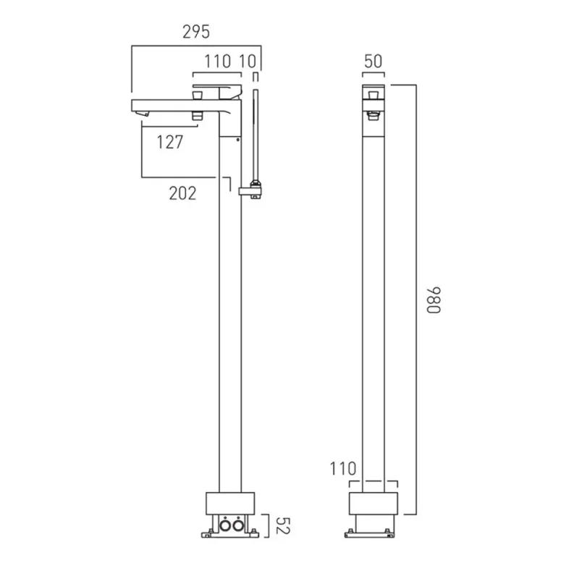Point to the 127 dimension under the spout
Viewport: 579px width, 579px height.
pyautogui.click(x=170, y=143)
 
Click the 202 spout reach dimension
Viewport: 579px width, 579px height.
pyautogui.click(x=182, y=193)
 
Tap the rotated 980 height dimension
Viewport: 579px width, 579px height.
pyautogui.click(x=433, y=299)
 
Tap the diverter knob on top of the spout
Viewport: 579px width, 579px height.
pyautogui.click(x=196, y=92)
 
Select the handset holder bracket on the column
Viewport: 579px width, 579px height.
pyautogui.click(x=250, y=190)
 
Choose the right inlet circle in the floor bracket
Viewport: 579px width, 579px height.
pyautogui.click(x=237, y=525)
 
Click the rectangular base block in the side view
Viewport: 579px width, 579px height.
pyautogui.click(x=231, y=503)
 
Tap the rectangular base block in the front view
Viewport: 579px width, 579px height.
pyautogui.click(x=373, y=503)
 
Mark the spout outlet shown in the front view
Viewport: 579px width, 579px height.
pyautogui.click(x=373, y=113)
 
